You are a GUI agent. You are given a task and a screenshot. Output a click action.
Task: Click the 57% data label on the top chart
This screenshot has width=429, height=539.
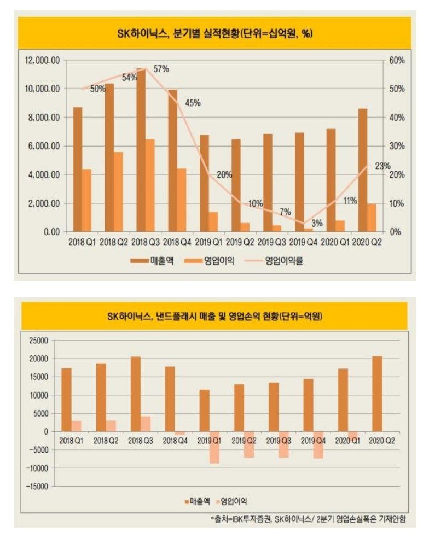[161, 69]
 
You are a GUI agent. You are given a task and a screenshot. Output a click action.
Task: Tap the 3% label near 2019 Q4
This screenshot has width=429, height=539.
[317, 223]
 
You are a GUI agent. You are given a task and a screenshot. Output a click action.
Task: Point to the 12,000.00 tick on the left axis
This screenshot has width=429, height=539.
[42, 60]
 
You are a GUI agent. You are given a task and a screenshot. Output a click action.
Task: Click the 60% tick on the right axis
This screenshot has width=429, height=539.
[397, 60]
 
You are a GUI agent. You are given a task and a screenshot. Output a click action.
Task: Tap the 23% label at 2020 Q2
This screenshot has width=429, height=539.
[383, 166]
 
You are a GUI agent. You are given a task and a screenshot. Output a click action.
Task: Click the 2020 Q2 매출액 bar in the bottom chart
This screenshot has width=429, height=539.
[377, 394]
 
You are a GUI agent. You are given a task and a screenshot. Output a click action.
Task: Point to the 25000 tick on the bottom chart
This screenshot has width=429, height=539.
[40, 341]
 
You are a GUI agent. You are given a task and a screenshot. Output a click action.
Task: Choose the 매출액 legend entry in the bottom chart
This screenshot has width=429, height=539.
[197, 501]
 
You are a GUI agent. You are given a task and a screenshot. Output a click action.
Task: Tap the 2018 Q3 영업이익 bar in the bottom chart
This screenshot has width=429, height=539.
[145, 424]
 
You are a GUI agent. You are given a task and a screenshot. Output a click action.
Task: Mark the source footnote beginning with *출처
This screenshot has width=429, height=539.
[309, 519]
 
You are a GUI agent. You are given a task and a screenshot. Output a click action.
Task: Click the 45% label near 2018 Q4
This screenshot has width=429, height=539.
[193, 102]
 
